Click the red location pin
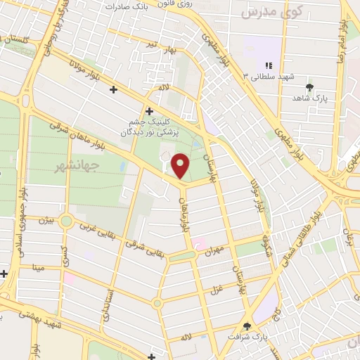pos(181,165)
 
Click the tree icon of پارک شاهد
pos(309,87)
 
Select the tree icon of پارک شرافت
pos(246,326)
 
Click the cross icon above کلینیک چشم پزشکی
pos(149,111)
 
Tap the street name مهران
pos(214,249)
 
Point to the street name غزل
pos(214,290)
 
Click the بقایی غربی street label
pos(94,227)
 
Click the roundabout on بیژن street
pos(66,221)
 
